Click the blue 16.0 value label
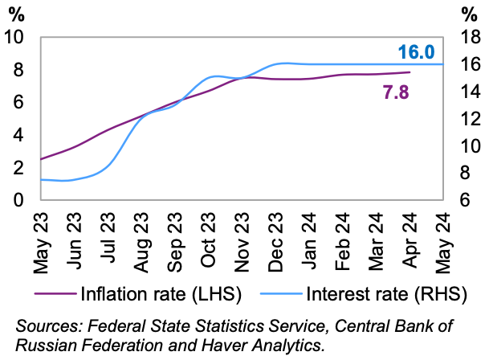pyautogui.click(x=416, y=53)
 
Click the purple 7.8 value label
pyautogui.click(x=396, y=92)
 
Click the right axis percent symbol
pyautogui.click(x=471, y=14)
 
